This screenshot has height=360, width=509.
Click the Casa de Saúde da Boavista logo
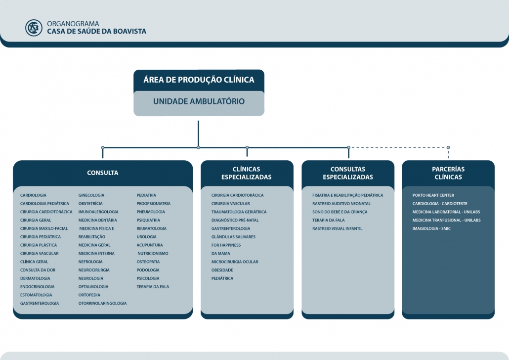tap(34, 28)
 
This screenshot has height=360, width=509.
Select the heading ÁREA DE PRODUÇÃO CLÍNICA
tap(199, 80)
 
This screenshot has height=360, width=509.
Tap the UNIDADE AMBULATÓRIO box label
tap(199, 101)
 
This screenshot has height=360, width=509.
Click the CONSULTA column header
tap(103, 173)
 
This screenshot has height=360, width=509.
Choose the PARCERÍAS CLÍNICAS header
tap(448, 173)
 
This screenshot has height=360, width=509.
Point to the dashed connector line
tap(399, 147)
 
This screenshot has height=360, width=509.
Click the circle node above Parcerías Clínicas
tap(448, 147)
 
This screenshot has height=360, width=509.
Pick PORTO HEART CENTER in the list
tap(433, 195)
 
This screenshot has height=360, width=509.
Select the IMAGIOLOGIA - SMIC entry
tap(431, 228)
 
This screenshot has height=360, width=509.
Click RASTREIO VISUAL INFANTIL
tap(338, 228)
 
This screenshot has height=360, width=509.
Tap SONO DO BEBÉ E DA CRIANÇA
tap(340, 212)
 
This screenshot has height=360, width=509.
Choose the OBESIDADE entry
tap(222, 270)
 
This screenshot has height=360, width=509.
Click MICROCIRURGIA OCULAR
tap(235, 262)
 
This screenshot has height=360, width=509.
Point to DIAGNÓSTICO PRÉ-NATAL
tap(235, 220)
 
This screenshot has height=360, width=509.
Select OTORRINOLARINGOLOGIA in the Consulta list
tap(102, 303)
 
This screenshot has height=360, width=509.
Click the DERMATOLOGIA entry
tap(35, 278)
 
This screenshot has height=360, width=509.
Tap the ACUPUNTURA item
tap(150, 245)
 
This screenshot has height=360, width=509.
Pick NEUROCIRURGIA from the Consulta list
tap(94, 270)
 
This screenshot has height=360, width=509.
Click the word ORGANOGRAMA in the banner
tap(73, 24)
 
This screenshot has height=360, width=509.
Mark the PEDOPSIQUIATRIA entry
tap(154, 203)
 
